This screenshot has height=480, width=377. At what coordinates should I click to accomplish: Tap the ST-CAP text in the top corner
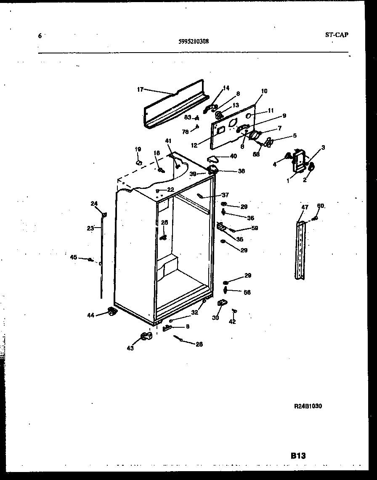click(x=336, y=35)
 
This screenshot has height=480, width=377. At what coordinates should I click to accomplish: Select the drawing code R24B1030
click(x=308, y=406)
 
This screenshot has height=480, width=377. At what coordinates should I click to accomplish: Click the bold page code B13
click(x=297, y=455)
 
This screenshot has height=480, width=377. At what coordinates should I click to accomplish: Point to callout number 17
click(x=141, y=89)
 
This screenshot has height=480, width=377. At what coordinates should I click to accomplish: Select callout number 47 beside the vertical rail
click(x=305, y=207)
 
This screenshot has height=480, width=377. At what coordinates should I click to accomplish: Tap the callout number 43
click(x=130, y=348)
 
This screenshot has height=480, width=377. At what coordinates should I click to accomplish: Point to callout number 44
click(x=91, y=315)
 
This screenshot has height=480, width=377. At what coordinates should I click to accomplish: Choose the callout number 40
click(x=233, y=156)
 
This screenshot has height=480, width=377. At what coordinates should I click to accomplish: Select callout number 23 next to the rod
click(x=90, y=228)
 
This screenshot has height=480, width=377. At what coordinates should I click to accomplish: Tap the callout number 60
click(x=321, y=206)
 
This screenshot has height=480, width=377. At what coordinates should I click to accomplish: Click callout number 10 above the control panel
click(x=264, y=91)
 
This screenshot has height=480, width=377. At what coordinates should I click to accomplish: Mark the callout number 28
click(x=199, y=344)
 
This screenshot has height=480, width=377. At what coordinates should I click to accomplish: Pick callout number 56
click(x=247, y=292)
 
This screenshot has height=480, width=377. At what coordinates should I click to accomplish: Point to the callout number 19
click(x=138, y=149)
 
